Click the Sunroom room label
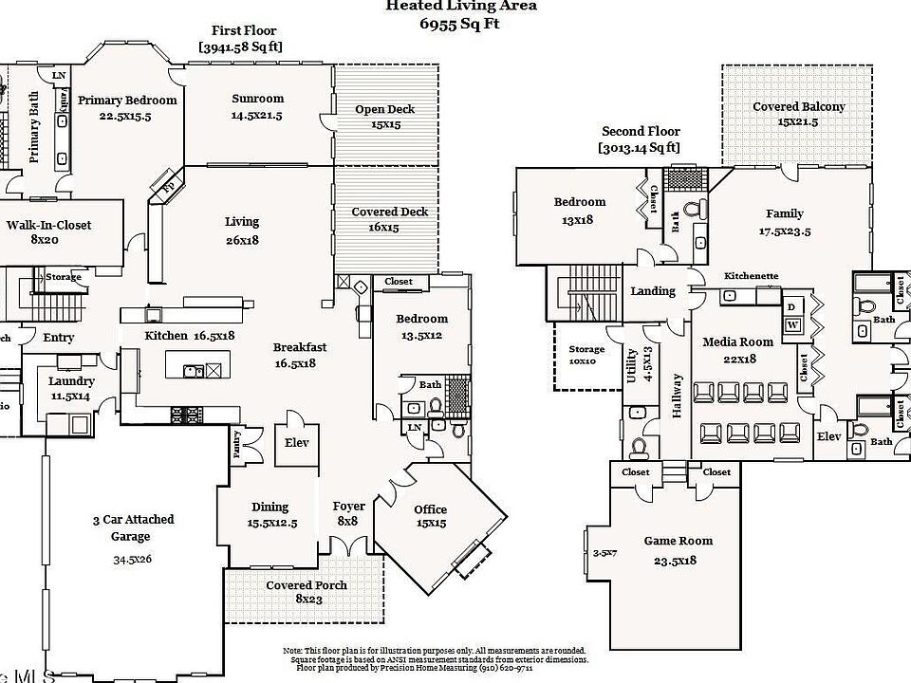257,99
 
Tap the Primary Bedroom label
127,100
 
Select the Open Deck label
384,109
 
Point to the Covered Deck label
389,212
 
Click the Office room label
430,509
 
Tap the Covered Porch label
306,585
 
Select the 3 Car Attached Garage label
133,528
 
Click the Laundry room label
71,380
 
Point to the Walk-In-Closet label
48,225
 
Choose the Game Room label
678,541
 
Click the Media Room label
737,341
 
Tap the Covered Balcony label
798,107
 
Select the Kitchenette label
751,276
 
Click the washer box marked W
792,324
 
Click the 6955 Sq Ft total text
460,24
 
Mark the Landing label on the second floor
653,291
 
